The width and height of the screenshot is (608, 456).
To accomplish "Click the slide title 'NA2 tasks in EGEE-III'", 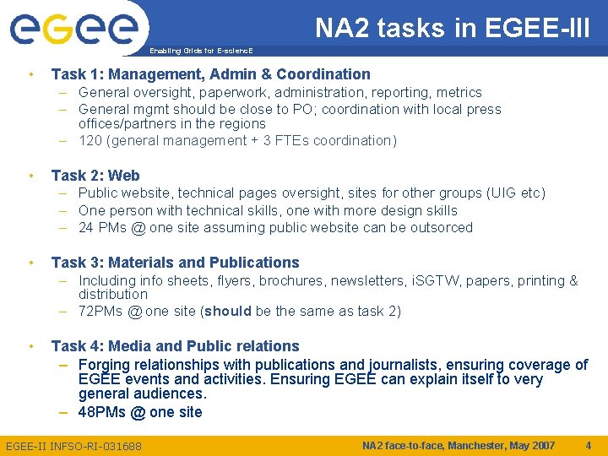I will coord(453,28).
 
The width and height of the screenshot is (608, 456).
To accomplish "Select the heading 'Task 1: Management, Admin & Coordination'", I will coord(210,74).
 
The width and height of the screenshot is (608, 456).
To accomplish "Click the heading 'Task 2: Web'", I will coord(95,176).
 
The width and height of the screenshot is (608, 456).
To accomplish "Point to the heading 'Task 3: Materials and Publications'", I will coord(175,263).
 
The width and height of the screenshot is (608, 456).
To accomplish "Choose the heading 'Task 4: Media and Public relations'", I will coord(175,346).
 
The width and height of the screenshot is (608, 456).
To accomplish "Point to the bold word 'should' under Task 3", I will coord(228,312).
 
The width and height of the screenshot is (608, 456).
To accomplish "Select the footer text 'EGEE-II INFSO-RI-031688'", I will coord(73,446).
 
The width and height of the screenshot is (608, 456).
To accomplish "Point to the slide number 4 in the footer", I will coord(587,445).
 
